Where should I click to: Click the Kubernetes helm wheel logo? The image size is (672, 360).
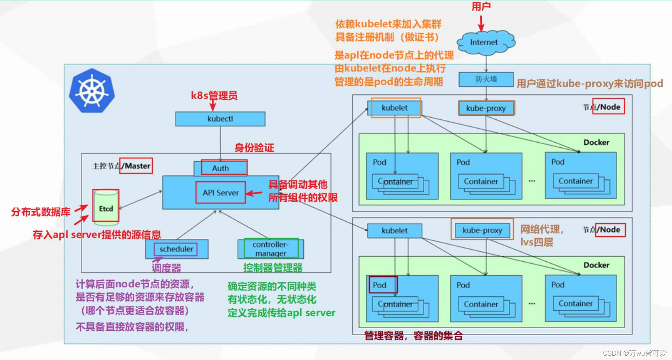(92, 90)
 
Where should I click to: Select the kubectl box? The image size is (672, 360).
(220, 119)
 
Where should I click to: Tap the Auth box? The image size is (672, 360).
(221, 168)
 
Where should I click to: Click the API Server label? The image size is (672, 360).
(220, 193)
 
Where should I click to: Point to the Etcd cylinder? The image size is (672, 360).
(106, 206)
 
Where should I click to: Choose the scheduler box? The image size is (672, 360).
(176, 249)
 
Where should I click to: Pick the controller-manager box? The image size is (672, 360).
(271, 249)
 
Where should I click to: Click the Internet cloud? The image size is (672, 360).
(485, 43)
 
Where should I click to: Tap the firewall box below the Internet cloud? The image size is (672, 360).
(486, 79)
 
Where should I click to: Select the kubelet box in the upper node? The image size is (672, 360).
(395, 108)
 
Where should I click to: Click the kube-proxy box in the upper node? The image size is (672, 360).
(486, 108)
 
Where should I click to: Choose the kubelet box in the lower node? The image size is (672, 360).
(395, 231)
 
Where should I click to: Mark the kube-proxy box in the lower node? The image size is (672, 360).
(482, 230)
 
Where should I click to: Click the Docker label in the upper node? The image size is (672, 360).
(596, 142)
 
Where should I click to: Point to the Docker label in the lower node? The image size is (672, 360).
(596, 265)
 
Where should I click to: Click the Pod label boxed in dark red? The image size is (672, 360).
(380, 285)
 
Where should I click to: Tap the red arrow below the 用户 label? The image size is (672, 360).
(481, 23)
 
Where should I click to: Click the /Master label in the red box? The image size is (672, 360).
(136, 166)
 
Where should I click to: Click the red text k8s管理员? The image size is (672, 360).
(214, 96)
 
